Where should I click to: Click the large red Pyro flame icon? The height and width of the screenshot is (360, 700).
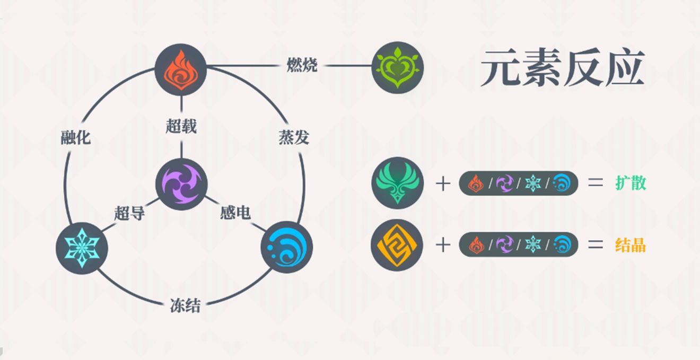[181, 69]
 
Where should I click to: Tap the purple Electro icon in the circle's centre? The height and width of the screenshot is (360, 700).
[181, 184]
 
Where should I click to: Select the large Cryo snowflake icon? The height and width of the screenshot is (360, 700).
[82, 248]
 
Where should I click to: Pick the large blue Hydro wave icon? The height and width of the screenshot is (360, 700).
[286, 247]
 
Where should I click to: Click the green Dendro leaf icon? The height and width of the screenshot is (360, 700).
[398, 67]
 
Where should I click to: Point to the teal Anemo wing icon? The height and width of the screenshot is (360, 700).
[398, 183]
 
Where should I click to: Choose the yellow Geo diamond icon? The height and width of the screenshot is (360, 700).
[397, 245]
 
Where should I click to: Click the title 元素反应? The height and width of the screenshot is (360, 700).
[563, 68]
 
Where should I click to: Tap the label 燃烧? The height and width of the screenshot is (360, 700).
[302, 65]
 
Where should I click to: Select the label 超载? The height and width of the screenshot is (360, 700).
[181, 126]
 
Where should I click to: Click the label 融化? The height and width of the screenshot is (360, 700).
[76, 137]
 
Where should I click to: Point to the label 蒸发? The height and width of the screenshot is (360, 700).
[294, 137]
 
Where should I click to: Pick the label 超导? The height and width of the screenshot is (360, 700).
[129, 213]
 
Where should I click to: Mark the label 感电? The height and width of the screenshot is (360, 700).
[235, 213]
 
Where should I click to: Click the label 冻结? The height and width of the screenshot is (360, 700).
[185, 305]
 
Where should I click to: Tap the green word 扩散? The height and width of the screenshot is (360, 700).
[631, 183]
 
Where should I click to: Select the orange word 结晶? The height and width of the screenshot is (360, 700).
[631, 245]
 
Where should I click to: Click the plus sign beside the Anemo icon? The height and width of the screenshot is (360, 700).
[443, 183]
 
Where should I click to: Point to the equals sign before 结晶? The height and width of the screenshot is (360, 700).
[596, 245]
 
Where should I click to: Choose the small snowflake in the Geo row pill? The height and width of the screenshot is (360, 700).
[533, 244]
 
